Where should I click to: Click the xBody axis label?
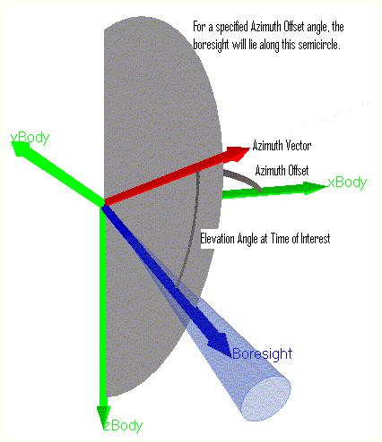(x=347, y=183)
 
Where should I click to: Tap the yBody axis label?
(x=30, y=138)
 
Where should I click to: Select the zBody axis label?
(x=123, y=425)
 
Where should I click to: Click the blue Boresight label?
(x=262, y=354)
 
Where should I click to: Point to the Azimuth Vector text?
(x=282, y=146)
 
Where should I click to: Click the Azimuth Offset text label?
(x=282, y=171)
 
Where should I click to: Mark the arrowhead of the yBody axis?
(x=21, y=149)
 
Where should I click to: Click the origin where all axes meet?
(x=103, y=205)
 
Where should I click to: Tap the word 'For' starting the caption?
(x=199, y=27)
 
